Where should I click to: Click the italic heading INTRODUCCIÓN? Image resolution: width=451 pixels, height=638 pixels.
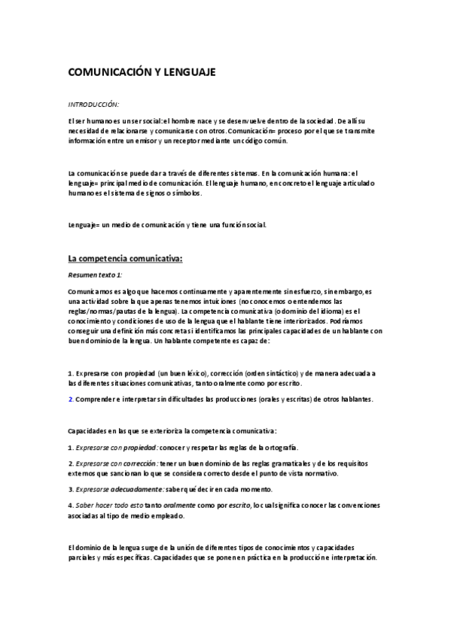[94, 104]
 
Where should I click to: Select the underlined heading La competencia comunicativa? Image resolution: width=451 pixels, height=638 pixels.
[126, 258]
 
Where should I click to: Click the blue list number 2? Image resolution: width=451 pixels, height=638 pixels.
[70, 399]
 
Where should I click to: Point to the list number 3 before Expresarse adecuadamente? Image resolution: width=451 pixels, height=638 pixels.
[69, 488]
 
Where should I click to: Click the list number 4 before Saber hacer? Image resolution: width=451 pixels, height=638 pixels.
[69, 505]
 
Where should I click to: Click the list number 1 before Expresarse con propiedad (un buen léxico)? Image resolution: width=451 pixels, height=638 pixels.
[69, 373]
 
